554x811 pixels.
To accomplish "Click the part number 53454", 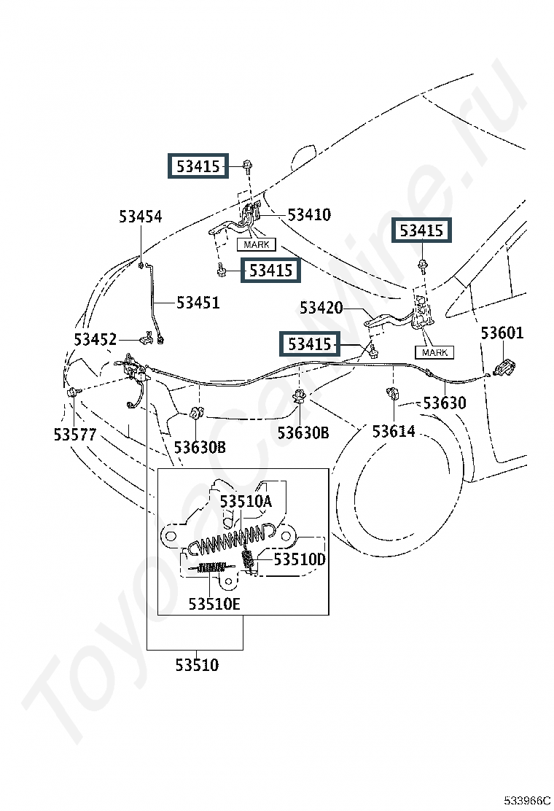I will tap(141, 217).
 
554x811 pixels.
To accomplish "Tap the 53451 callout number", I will tap(198, 302).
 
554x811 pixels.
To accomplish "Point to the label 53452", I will tap(95, 339).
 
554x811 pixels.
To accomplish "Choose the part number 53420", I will tap(321, 308).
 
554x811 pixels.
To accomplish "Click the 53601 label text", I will tap(502, 333).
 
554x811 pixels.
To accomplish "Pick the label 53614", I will tap(394, 431).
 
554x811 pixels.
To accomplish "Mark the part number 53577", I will tap(74, 435).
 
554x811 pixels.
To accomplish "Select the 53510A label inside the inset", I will tap(246, 501).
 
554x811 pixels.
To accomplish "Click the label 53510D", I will tap(300, 559).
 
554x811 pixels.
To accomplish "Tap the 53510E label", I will tap(214, 604).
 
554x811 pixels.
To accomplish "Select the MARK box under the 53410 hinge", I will tap(256, 245).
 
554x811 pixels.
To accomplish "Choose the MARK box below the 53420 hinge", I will tap(434, 352).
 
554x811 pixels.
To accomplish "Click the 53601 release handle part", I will tap(503, 367).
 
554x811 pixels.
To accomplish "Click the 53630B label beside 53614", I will tap(303, 433).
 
